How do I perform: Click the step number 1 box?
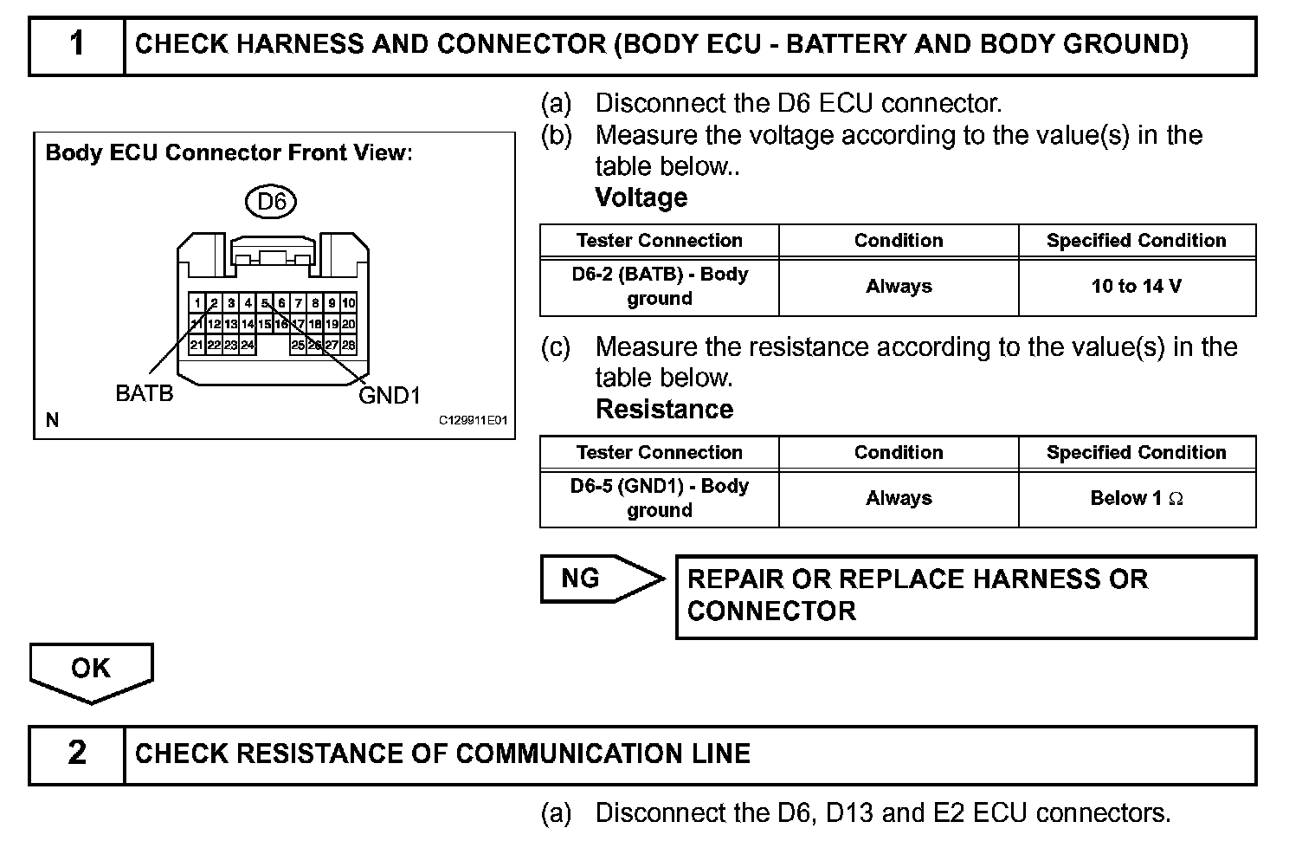77,45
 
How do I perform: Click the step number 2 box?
77,754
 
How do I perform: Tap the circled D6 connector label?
271,202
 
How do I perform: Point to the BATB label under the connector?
145,394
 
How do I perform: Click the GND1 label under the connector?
390,396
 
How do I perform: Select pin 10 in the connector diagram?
349,303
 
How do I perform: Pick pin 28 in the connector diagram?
349,345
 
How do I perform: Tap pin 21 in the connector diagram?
197,345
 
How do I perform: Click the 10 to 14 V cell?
1137,287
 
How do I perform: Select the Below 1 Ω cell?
1137,499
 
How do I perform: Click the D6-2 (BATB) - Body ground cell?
660,287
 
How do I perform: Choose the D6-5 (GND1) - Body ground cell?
660,499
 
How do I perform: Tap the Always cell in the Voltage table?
899,287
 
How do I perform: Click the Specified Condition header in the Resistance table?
1137,453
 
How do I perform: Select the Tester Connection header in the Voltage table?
660,241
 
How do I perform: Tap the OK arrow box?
91,669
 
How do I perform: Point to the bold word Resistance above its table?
664,409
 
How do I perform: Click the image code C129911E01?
473,421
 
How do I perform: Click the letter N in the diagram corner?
52,421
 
